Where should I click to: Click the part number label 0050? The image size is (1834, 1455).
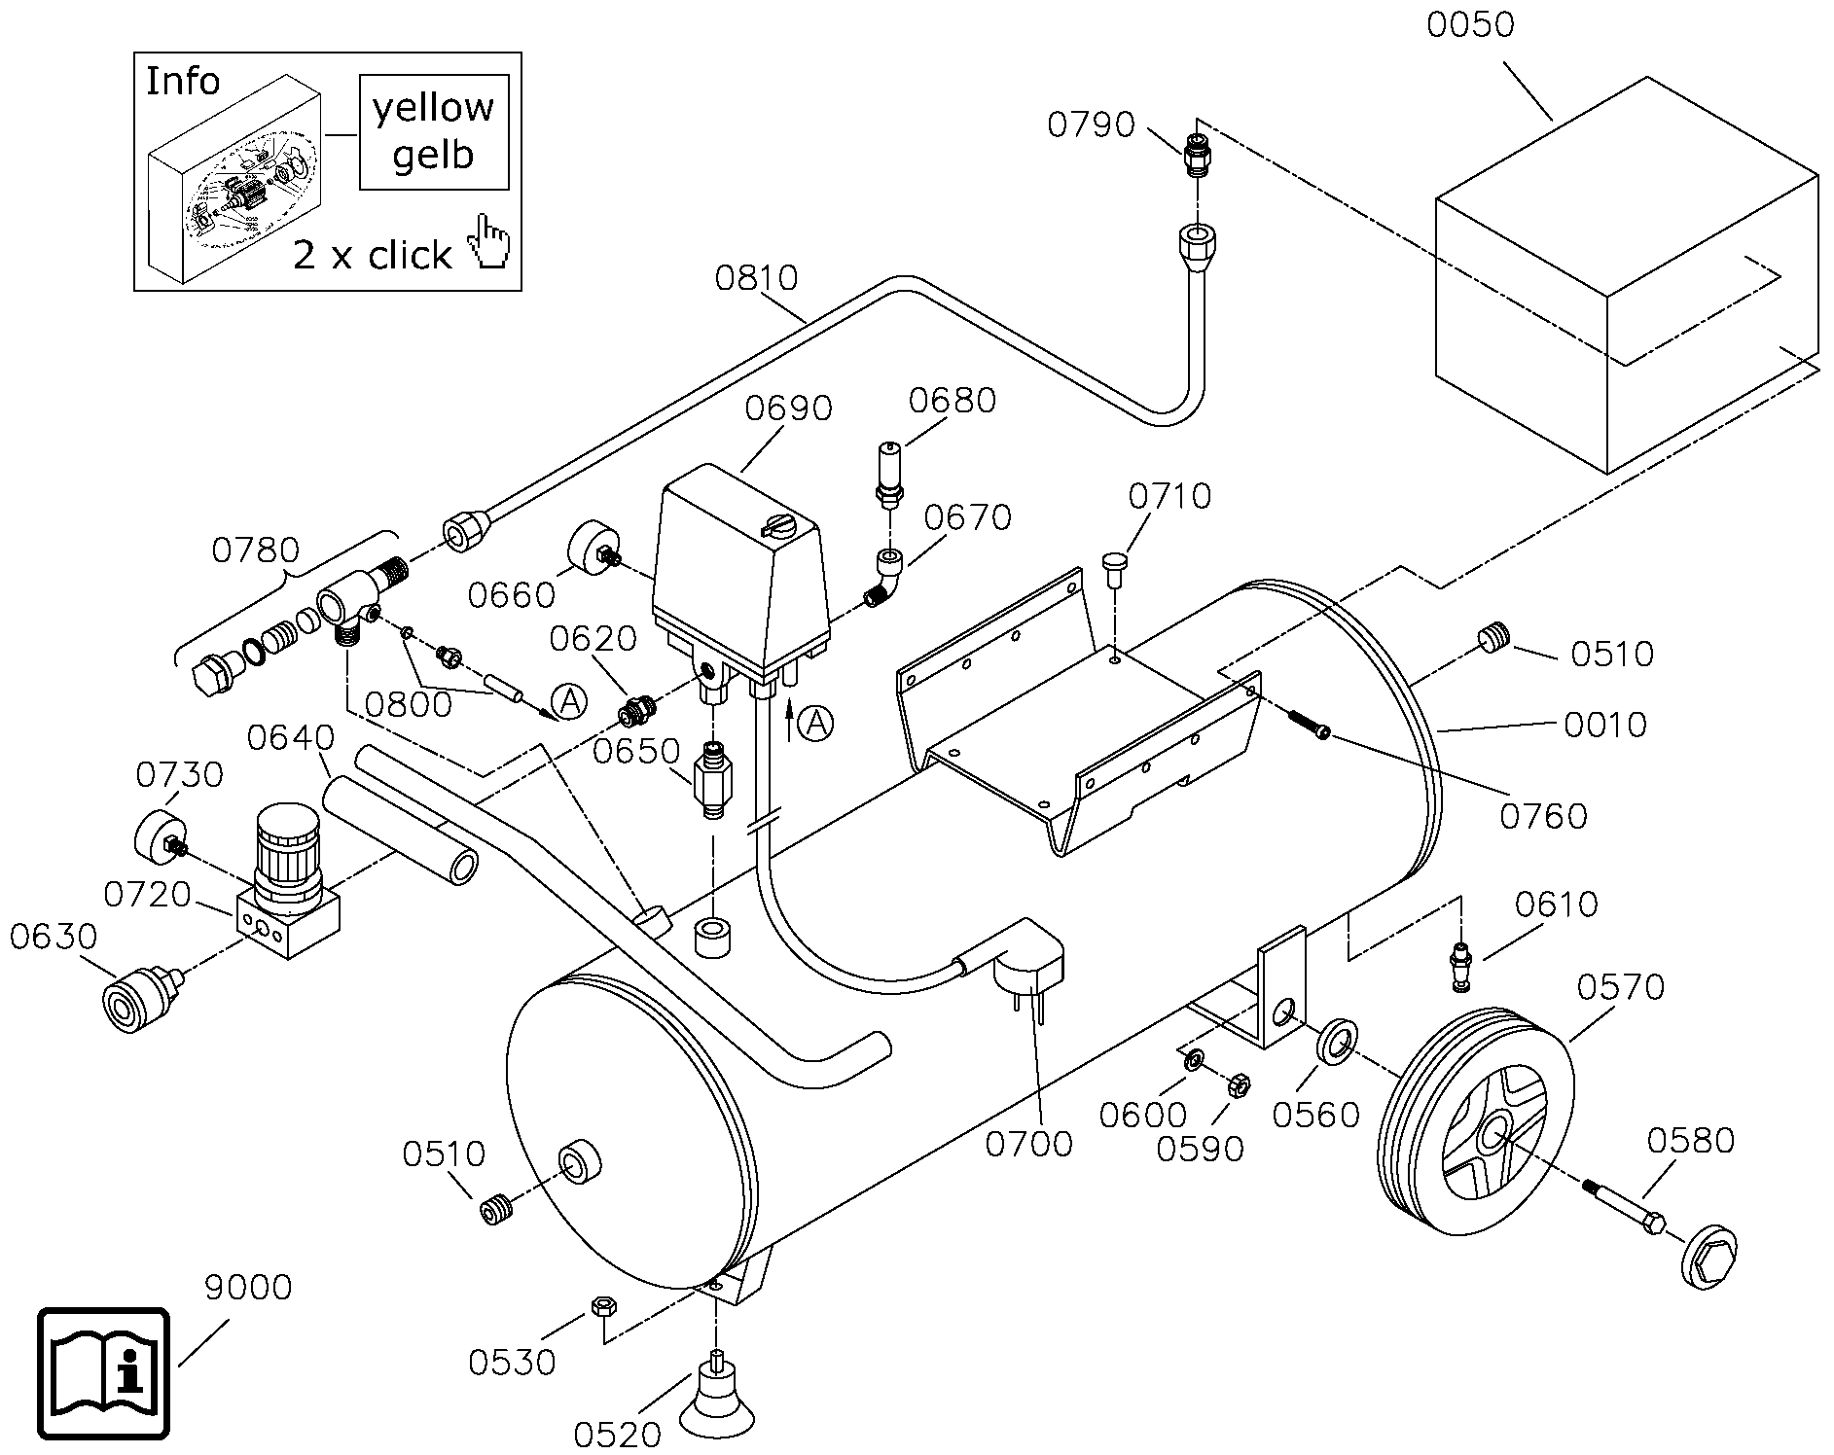click(1470, 23)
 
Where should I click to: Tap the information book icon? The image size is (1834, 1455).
click(103, 1373)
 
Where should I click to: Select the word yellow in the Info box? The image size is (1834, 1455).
click(433, 108)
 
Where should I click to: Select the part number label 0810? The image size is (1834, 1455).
click(756, 278)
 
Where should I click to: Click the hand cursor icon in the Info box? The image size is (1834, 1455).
click(488, 243)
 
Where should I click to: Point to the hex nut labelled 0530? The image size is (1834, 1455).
click(601, 1305)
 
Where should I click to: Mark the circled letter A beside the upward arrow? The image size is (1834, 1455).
click(817, 723)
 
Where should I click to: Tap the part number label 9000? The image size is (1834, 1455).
click(248, 1288)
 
